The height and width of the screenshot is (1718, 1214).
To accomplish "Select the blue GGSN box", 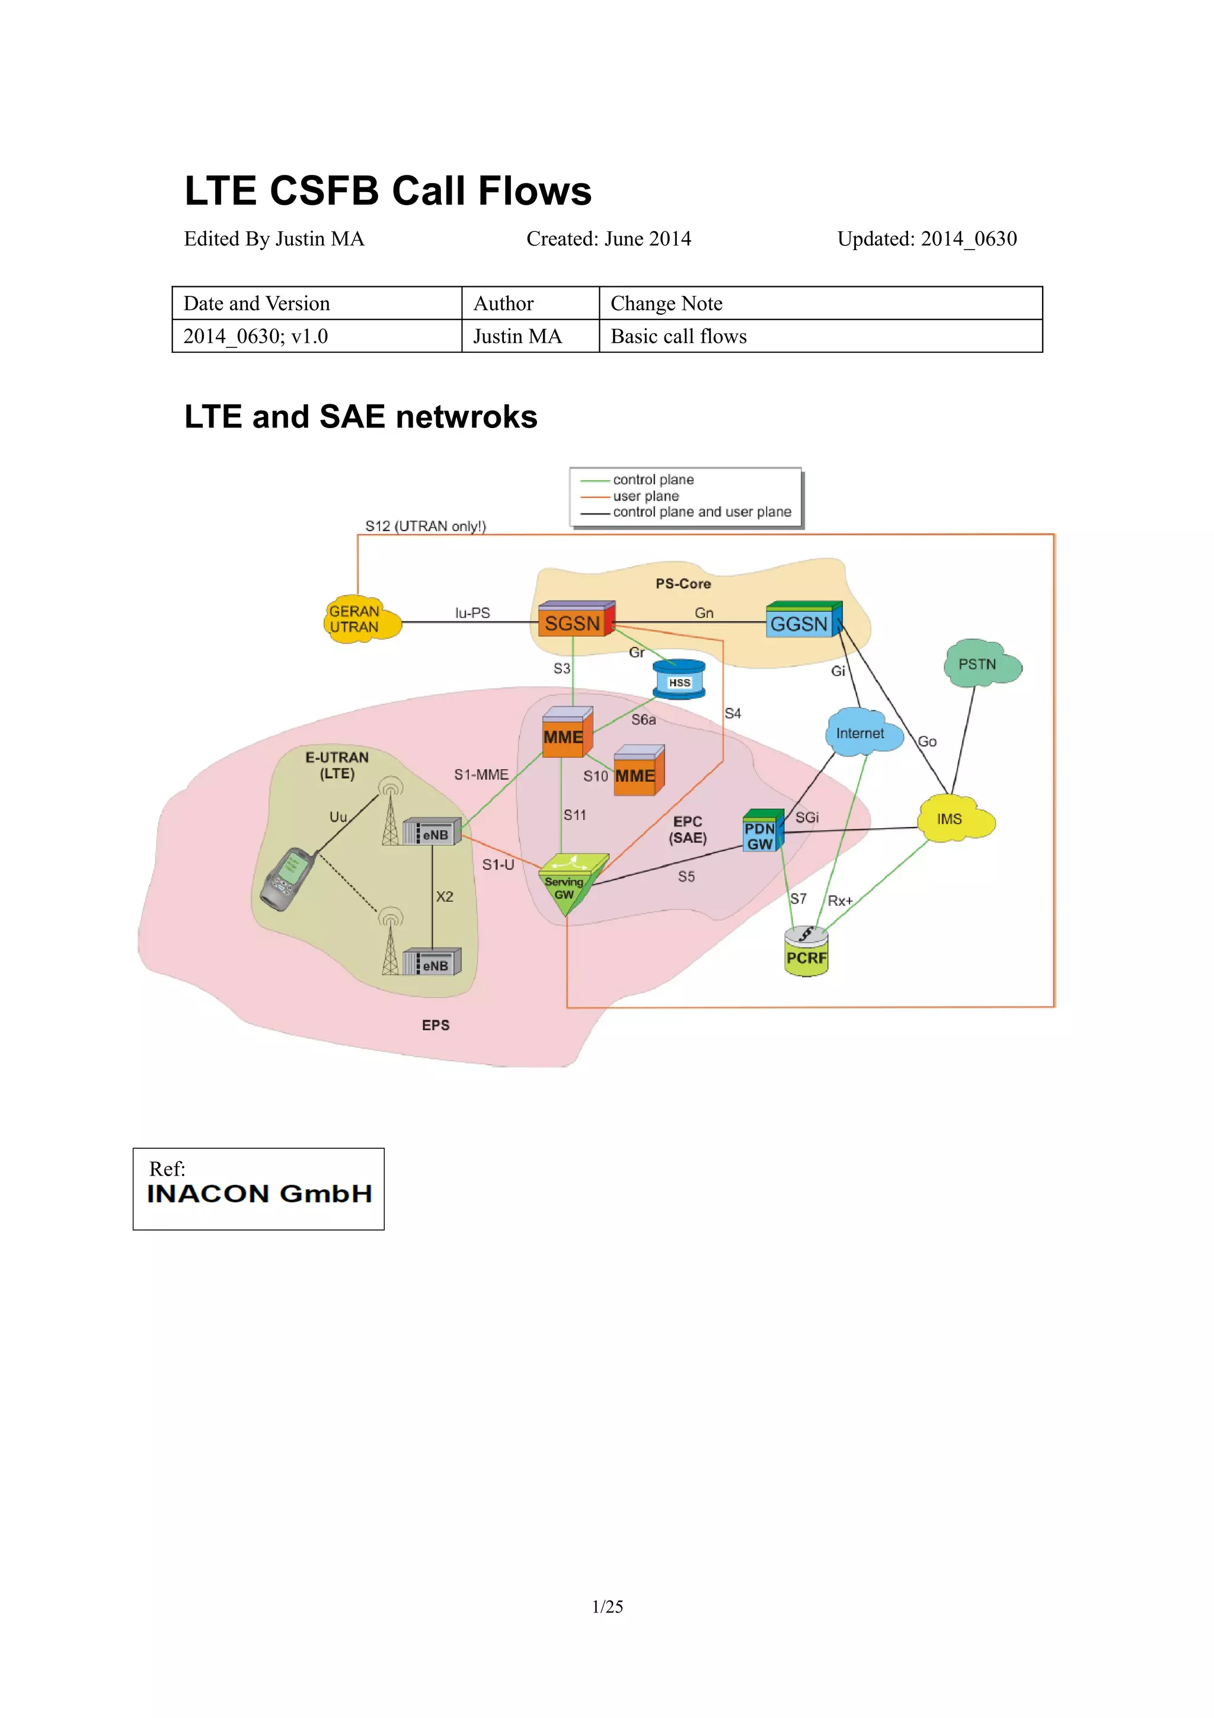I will [x=801, y=622].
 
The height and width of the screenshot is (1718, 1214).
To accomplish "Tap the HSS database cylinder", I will [x=679, y=680].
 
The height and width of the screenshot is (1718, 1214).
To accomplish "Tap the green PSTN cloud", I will [x=979, y=664].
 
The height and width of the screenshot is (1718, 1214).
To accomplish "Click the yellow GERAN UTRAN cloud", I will [x=359, y=619].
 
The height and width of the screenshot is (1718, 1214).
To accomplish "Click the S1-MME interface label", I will [x=481, y=774].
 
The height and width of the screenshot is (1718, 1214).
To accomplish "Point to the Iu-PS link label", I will [x=472, y=613].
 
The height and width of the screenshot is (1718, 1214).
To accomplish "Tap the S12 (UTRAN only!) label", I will [x=425, y=526].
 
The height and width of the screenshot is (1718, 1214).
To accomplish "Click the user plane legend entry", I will [x=645, y=496].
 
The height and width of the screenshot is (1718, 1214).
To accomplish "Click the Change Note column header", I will [x=666, y=303].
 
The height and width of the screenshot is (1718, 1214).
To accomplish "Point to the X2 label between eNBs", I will [x=445, y=896].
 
